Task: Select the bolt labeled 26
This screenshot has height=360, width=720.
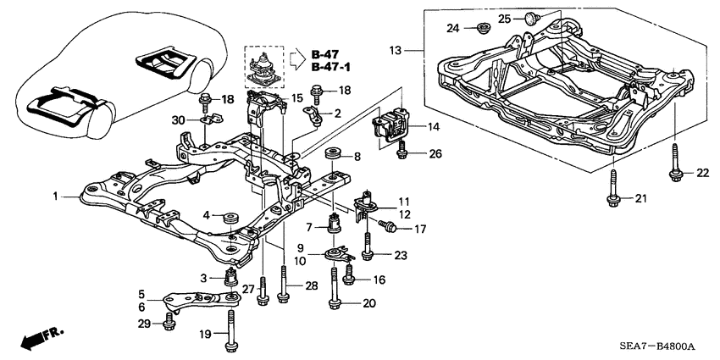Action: click(x=402, y=152)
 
